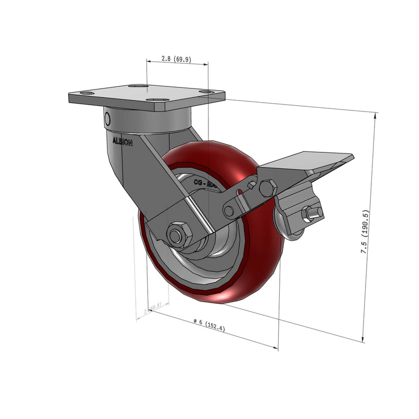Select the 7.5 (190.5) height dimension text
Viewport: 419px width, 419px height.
366,232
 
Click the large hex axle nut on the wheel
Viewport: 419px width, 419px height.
179,234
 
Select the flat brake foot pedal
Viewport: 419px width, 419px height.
309,162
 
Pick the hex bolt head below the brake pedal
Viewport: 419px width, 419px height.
268,187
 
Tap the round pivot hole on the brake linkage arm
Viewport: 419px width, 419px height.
229,212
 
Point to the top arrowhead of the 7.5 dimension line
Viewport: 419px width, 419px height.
376,116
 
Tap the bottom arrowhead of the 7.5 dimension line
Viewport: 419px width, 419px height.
363,339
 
